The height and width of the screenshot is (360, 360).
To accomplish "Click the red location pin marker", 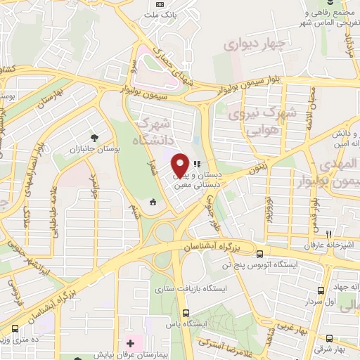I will tap(180, 165).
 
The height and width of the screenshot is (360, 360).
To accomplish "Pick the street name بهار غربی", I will tap(290, 328).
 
